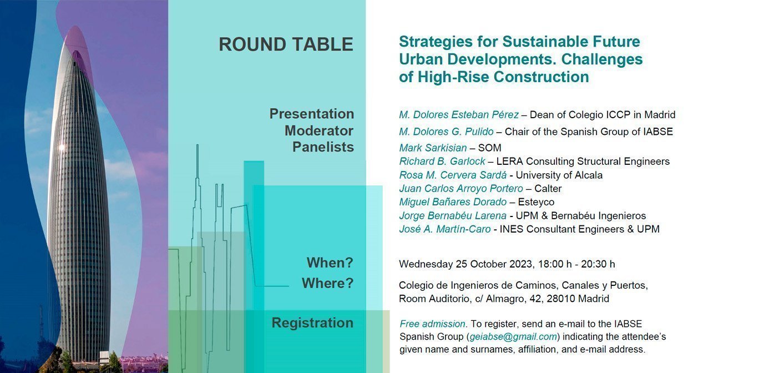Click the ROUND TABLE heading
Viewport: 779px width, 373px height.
tap(286, 44)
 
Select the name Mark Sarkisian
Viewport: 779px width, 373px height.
tap(433, 148)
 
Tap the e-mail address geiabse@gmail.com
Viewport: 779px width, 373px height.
tap(513, 337)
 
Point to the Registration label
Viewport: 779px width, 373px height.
tap(312, 323)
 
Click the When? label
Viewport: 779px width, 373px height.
tap(330, 263)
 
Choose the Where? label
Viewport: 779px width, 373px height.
tap(327, 284)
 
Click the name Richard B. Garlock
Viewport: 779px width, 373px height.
tap(442, 162)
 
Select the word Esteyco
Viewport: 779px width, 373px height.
tap(536, 202)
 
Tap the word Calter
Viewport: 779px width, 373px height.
tap(548, 189)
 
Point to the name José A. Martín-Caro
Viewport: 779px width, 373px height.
tap(444, 229)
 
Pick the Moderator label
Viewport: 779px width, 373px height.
tap(319, 131)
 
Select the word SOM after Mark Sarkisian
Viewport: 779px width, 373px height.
tap(489, 148)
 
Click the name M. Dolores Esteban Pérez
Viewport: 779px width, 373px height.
tap(458, 115)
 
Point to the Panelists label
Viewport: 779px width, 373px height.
tap(323, 147)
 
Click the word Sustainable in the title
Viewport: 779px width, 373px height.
tap(537, 42)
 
